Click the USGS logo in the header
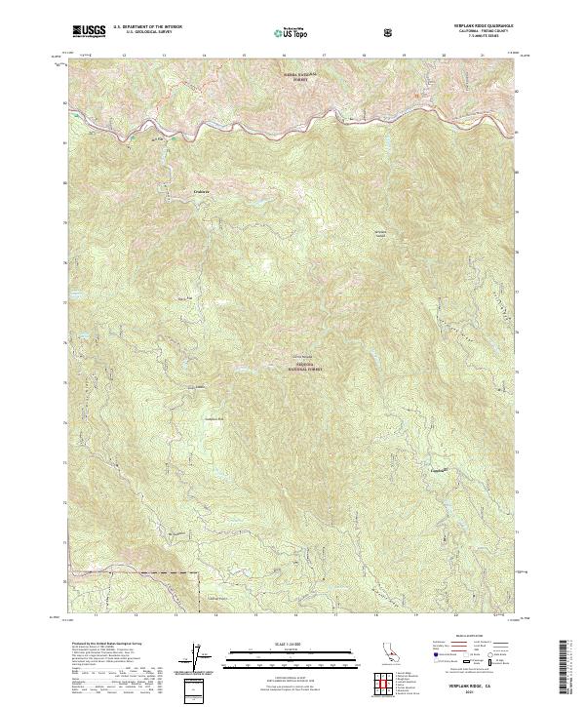(x=89, y=31)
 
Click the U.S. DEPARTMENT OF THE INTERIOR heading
(x=147, y=27)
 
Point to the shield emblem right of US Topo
(x=391, y=31)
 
